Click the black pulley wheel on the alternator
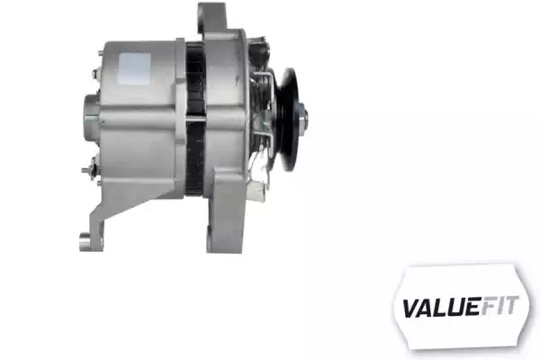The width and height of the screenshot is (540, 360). pos(289,119)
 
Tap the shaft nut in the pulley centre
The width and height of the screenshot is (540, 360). pos(302,119)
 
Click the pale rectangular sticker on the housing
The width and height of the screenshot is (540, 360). pos(135,68)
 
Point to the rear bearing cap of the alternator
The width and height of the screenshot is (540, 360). pos(91,118)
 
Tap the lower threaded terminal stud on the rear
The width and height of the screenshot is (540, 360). pos(89,169)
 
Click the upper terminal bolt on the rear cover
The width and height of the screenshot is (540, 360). pos(95,74)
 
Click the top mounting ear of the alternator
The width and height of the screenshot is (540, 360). pos(212,19)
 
